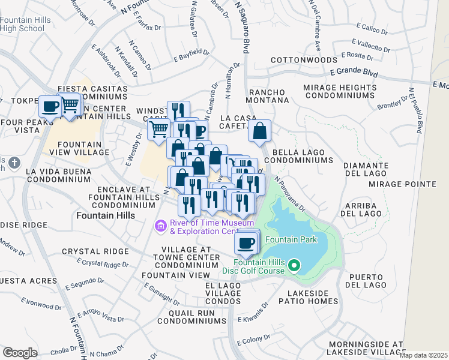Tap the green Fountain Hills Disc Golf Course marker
point(294,265)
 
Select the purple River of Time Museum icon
point(160,226)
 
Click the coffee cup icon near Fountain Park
point(246,243)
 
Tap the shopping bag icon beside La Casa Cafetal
point(259,131)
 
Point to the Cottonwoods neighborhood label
point(304,61)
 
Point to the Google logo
point(20,352)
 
